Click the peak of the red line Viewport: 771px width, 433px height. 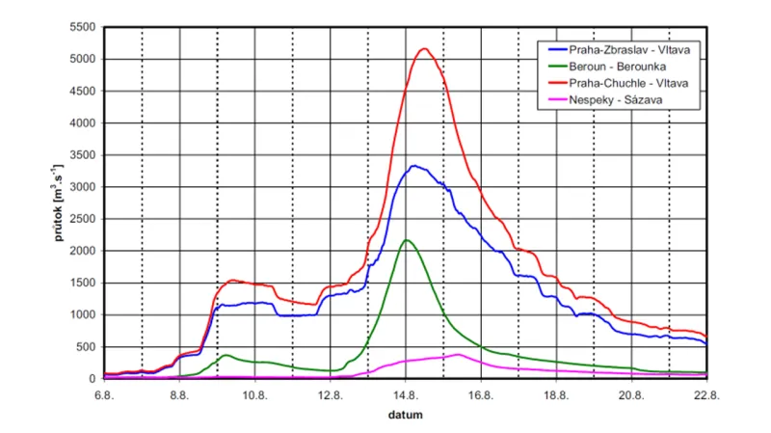[x=425, y=48]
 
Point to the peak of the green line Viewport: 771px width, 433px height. [x=407, y=240]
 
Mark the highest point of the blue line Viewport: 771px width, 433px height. [x=413, y=166]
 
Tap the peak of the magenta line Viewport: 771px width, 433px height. [x=459, y=354]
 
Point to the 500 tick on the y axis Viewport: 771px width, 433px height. [x=86, y=346]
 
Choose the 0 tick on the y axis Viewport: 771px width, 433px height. [x=93, y=378]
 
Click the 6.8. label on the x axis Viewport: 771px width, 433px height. [x=104, y=393]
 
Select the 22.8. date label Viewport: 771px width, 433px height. [x=706, y=393]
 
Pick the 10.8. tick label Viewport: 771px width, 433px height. [x=254, y=393]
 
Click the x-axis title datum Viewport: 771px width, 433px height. [x=405, y=415]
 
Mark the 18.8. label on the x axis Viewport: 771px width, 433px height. [x=556, y=393]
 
